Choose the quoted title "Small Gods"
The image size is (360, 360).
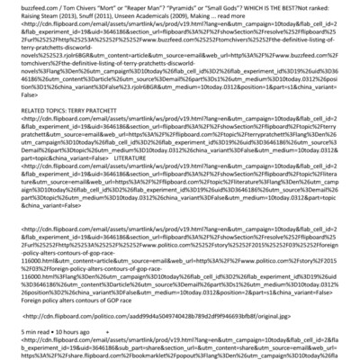257,6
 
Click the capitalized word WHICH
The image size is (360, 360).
295,6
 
